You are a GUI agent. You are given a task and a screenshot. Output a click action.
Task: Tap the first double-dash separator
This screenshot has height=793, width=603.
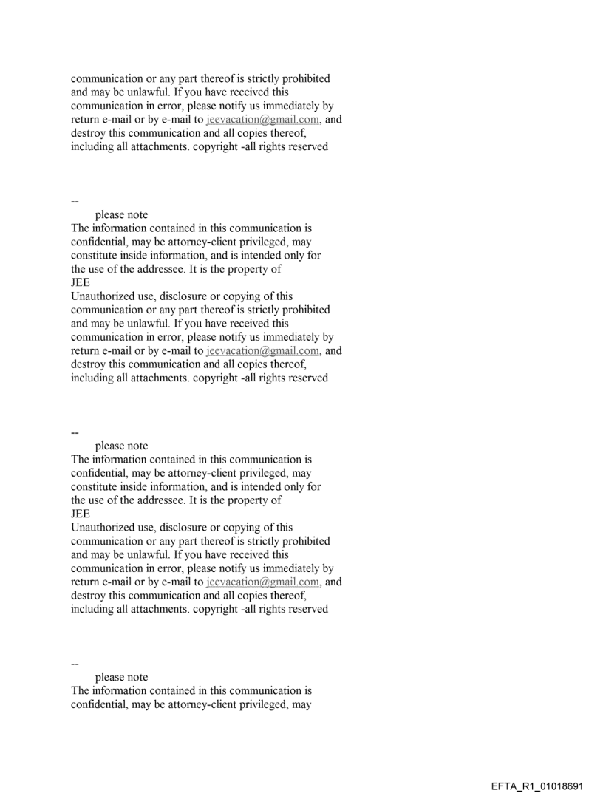click(x=75, y=201)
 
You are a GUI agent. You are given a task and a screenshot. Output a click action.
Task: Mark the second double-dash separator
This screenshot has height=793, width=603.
click(x=75, y=432)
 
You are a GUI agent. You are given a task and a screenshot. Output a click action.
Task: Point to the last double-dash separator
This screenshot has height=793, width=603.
click(x=75, y=664)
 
